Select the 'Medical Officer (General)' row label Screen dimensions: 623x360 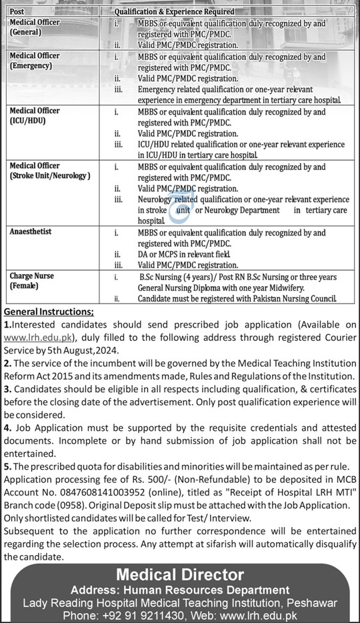click(x=35, y=27)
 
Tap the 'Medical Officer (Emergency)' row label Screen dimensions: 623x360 click(x=35, y=61)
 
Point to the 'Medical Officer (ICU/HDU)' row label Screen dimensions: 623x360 click(x=35, y=115)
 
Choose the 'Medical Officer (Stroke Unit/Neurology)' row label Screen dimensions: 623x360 click(x=49, y=170)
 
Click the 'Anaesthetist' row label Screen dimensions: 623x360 click(x=30, y=232)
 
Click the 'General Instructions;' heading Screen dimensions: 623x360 click(x=49, y=312)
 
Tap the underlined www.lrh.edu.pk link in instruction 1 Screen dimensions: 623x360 click(x=39, y=338)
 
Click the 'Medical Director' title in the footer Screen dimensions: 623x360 click(x=180, y=574)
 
